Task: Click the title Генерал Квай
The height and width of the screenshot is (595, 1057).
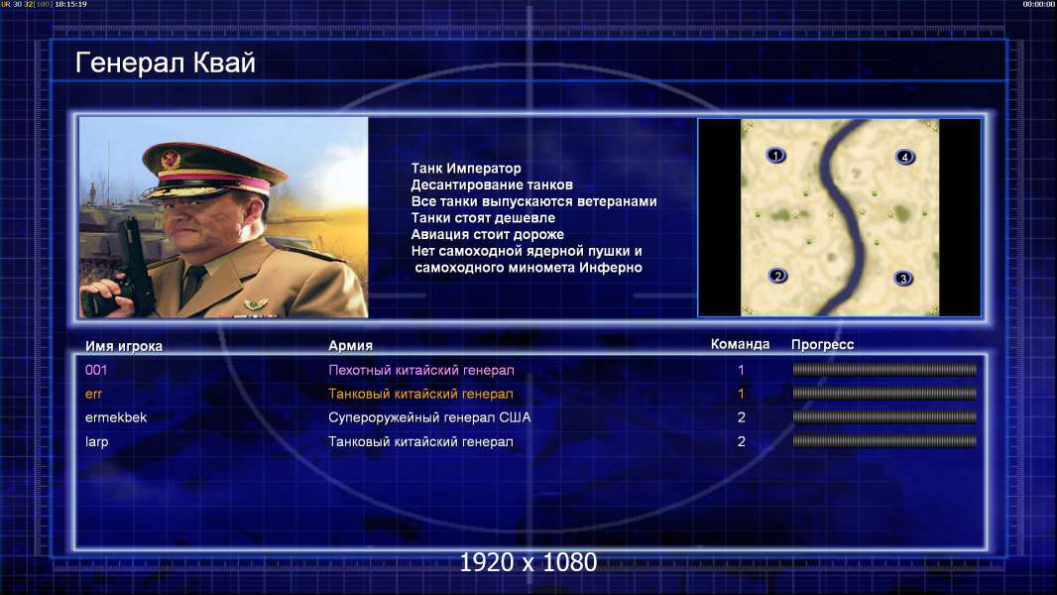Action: pyautogui.click(x=166, y=63)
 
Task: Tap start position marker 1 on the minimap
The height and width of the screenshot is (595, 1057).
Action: pyautogui.click(x=776, y=156)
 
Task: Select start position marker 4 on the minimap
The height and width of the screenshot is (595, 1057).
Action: pyautogui.click(x=904, y=157)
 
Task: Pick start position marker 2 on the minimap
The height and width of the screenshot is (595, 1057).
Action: pyautogui.click(x=777, y=276)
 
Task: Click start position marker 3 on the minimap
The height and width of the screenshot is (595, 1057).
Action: pyautogui.click(x=903, y=279)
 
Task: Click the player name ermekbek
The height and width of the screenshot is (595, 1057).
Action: pyautogui.click(x=116, y=417)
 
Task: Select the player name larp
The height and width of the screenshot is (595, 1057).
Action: pyautogui.click(x=96, y=442)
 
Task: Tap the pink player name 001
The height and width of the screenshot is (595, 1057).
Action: pyautogui.click(x=96, y=370)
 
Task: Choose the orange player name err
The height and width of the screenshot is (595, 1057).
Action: pyautogui.click(x=93, y=395)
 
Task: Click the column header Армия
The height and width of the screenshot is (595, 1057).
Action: pyautogui.click(x=351, y=346)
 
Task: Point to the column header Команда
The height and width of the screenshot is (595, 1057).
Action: pyautogui.click(x=740, y=344)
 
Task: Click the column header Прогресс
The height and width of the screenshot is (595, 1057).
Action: pyautogui.click(x=822, y=345)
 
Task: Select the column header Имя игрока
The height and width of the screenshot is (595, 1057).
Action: pyautogui.click(x=123, y=346)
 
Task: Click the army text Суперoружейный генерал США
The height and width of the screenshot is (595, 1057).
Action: pyautogui.click(x=429, y=417)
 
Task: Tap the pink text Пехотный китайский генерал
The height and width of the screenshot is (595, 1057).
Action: pyautogui.click(x=421, y=370)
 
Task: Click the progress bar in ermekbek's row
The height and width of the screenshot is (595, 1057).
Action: pyautogui.click(x=884, y=417)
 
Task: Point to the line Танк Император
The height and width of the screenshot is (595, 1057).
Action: pyautogui.click(x=466, y=169)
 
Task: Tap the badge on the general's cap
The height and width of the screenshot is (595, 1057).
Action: pyautogui.click(x=171, y=160)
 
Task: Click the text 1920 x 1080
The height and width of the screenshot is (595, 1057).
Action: pyautogui.click(x=528, y=562)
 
